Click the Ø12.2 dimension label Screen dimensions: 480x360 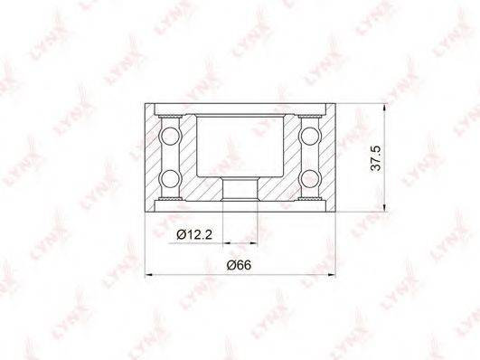pos(194,234)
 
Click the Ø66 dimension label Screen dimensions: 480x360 pos(239,265)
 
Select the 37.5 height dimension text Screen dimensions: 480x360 pos(376,158)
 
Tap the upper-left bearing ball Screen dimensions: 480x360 pos(170,135)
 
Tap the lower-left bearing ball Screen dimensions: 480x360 pos(170,178)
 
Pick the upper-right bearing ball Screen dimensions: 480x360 pos(310,135)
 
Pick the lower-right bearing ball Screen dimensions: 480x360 pos(310,178)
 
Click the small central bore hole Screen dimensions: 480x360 pos(240,189)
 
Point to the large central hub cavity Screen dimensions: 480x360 pos(240,146)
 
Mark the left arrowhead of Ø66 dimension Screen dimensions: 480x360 pos(148,275)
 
